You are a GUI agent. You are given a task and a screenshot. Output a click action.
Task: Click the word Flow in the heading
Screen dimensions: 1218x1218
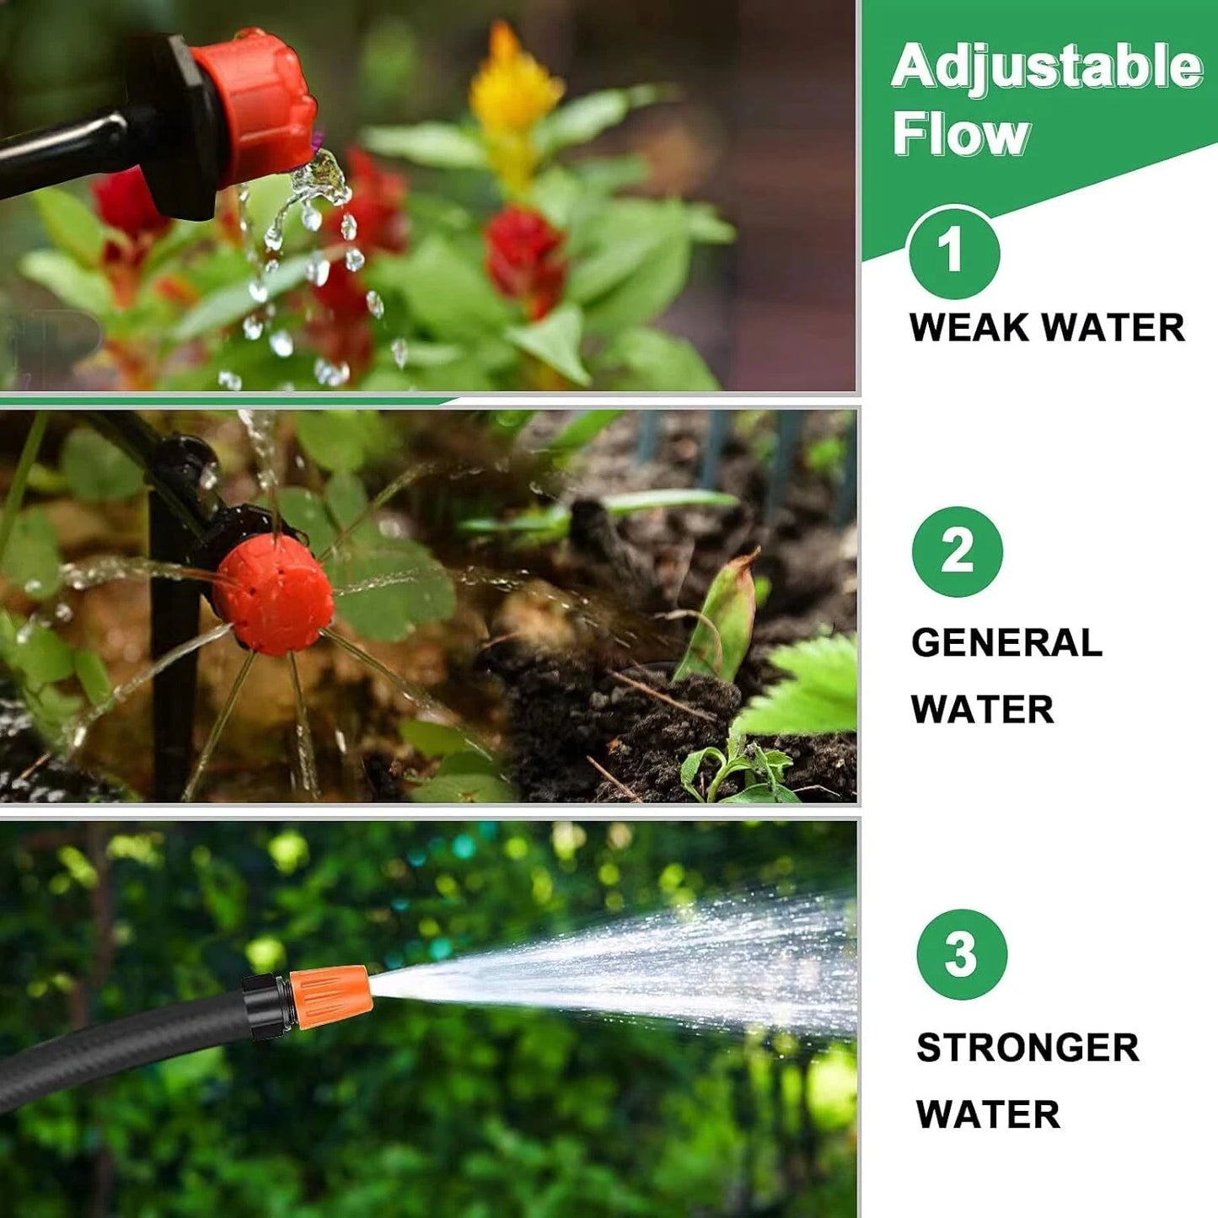pos(961,135)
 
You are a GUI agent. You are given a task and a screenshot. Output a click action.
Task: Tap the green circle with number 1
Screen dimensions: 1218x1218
pos(953,252)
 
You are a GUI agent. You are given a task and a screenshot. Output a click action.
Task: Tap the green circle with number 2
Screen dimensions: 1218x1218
pos(958,552)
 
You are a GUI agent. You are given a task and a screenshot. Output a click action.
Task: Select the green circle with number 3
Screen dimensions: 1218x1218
pos(962,954)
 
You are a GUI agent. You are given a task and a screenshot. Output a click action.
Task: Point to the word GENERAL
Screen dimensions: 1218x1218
pos(1006,643)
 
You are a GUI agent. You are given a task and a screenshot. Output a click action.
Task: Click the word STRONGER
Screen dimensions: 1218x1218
pos(1028,1048)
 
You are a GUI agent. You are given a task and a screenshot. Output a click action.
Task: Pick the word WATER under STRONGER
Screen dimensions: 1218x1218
pos(988,1114)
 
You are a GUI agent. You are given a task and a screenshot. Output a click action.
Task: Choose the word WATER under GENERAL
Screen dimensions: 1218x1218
pos(983,710)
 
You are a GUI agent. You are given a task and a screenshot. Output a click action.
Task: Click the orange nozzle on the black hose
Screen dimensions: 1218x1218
pos(330,996)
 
